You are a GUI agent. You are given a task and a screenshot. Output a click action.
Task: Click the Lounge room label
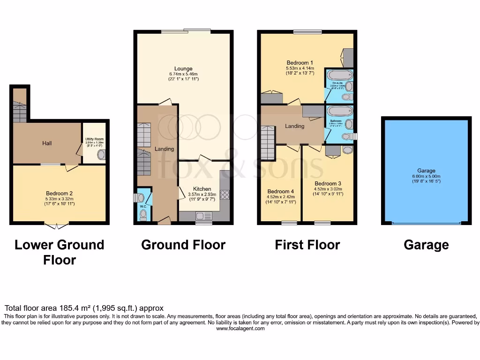point(183,69)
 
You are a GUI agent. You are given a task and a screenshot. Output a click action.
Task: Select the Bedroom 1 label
point(300,63)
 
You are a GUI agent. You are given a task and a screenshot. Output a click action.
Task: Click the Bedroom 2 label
point(59,193)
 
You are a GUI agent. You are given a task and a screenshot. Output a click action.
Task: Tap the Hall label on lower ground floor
point(47,143)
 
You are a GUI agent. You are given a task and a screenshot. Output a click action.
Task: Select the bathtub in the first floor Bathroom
point(339,112)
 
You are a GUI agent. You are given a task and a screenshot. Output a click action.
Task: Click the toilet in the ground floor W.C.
point(143,215)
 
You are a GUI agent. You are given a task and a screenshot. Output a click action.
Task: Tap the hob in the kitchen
point(225,194)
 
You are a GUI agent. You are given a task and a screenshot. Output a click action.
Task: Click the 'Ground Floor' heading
point(183,245)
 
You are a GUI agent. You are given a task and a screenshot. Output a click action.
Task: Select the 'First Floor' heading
point(307,245)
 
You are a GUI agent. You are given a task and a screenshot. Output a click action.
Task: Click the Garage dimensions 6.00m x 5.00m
point(426,176)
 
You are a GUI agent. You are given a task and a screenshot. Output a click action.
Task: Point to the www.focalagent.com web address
point(240,329)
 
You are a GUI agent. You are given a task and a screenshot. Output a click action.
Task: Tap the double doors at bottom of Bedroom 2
point(56,226)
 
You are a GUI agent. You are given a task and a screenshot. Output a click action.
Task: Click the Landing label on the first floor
point(294,126)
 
